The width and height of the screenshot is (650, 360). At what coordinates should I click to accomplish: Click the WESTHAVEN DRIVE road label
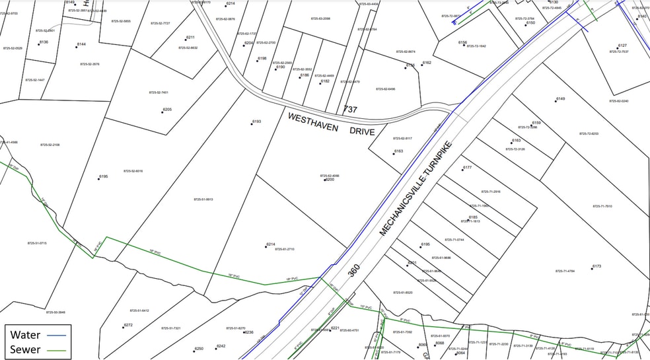tap(331, 124)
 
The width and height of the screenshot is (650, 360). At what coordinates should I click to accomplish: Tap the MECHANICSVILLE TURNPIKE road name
tap(415, 188)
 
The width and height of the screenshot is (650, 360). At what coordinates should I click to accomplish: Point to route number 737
tap(350, 109)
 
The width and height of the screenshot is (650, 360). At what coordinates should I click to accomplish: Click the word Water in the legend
tap(25, 334)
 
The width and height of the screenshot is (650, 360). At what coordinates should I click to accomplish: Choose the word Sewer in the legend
tap(26, 349)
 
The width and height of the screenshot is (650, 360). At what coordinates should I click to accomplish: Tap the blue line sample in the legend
tap(58, 335)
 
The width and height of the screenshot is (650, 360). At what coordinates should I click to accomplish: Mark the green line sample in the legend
tap(58, 349)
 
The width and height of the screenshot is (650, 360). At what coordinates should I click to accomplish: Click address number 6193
tap(256, 122)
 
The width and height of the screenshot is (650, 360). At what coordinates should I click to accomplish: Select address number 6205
tap(167, 110)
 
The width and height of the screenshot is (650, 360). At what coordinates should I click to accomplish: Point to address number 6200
tap(329, 180)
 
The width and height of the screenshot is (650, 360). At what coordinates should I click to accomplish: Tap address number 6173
tap(596, 266)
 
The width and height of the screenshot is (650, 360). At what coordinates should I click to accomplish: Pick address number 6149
tap(560, 99)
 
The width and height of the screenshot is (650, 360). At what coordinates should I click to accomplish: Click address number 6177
tap(467, 168)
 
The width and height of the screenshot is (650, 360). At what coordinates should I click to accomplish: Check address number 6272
tap(128, 325)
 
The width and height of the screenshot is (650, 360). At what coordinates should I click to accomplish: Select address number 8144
tap(81, 44)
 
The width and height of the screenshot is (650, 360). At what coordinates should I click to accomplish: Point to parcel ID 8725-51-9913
tap(203, 199)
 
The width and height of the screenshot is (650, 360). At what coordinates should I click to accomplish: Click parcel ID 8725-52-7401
tap(159, 92)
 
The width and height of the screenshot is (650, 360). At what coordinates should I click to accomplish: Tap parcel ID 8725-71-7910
tap(602, 206)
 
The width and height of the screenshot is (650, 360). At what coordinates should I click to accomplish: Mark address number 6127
tap(622, 46)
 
